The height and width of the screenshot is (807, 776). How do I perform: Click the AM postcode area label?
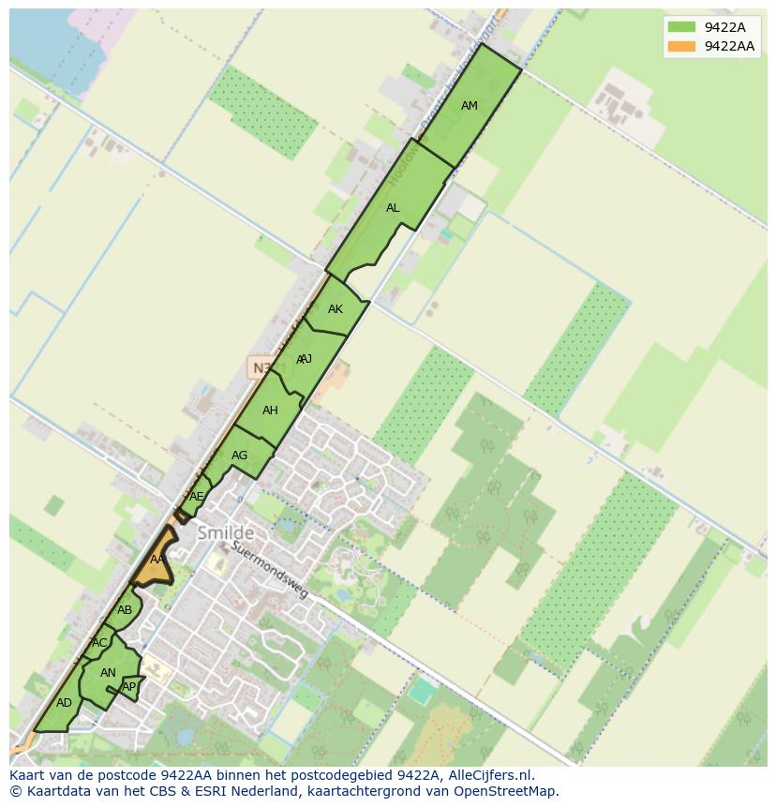tap(470, 106)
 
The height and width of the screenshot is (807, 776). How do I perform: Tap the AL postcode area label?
tap(393, 208)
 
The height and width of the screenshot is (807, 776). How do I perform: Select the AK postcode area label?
tap(336, 309)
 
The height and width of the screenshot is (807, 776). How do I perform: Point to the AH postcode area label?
tap(270, 411)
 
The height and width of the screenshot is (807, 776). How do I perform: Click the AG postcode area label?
tap(239, 456)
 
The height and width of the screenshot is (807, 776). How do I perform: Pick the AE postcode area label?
tap(196, 497)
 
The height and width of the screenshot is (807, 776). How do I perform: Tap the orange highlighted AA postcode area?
tap(157, 560)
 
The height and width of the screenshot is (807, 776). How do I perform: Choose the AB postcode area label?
tap(125, 610)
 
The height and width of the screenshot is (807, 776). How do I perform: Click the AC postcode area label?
tap(99, 643)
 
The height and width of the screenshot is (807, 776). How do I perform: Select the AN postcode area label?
tap(108, 673)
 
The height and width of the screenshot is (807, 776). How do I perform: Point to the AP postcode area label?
tap(129, 687)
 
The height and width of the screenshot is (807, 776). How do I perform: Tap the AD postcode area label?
tap(64, 703)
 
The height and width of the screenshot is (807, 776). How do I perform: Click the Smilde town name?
tap(225, 533)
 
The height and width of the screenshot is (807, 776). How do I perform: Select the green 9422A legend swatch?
tap(681, 27)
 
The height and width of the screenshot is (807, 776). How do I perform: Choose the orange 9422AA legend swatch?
tap(681, 46)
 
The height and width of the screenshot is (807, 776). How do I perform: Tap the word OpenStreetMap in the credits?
tap(506, 791)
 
